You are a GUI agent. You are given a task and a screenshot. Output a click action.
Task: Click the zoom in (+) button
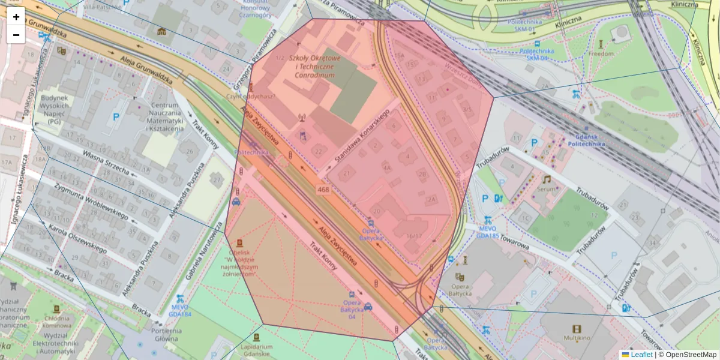click(16, 17)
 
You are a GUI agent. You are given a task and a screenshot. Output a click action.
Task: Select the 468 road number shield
click(323, 190)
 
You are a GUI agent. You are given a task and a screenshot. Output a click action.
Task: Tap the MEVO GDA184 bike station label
click(179, 310)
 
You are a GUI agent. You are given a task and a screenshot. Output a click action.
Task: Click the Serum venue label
click(546, 188)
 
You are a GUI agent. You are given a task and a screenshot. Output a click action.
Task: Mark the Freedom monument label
click(601, 53)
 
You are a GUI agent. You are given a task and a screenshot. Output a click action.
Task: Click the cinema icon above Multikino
click(577, 329)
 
